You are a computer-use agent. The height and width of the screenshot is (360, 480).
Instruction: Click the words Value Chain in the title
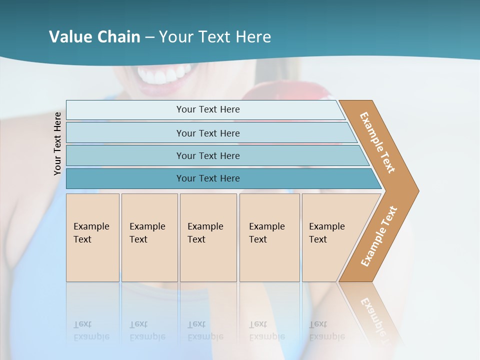[x=94, y=37]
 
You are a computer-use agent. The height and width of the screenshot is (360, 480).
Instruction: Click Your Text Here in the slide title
[x=215, y=37]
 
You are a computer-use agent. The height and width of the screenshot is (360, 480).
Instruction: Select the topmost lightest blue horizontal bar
[x=207, y=109]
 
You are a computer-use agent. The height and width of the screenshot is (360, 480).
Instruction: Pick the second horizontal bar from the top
[x=207, y=133]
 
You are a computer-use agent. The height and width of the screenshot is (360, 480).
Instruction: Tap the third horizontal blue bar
[x=207, y=155]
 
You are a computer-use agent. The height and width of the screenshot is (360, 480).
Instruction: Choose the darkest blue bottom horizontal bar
[x=207, y=178]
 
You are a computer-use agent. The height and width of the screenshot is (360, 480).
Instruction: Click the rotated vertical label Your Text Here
[x=57, y=144]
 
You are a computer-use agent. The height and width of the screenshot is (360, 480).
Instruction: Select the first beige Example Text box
[x=92, y=237]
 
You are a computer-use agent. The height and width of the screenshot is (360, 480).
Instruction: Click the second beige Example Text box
[x=149, y=237]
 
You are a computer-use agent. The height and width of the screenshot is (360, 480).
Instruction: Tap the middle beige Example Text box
[x=208, y=237]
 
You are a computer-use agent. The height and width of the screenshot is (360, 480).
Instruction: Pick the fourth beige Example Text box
[x=269, y=237]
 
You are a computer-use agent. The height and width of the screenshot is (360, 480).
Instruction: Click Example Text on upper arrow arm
[x=377, y=142]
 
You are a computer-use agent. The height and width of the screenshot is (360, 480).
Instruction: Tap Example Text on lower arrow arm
[x=378, y=236]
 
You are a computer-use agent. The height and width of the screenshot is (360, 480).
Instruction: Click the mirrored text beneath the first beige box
[x=91, y=330]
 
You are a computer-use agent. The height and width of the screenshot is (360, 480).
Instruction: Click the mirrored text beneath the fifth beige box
[x=326, y=330]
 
